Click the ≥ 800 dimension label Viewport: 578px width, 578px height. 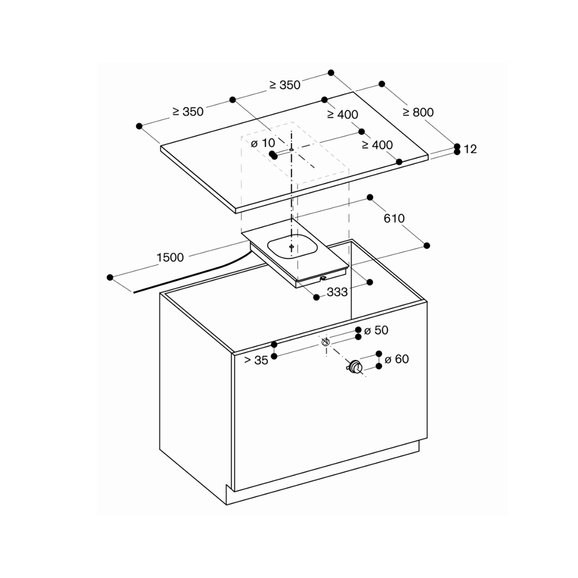(x=418, y=112)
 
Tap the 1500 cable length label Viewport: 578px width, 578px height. (x=170, y=257)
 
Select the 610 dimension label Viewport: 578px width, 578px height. (x=394, y=218)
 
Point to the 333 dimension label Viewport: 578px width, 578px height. (x=337, y=292)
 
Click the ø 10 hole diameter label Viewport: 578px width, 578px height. (x=263, y=143)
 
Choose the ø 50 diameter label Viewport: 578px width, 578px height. (x=376, y=330)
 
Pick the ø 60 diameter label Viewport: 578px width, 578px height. (x=397, y=359)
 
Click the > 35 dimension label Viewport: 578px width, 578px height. (x=256, y=360)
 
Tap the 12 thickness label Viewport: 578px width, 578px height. (x=470, y=149)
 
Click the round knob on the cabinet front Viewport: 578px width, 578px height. (x=355, y=368)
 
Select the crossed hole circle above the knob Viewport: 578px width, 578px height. (x=325, y=342)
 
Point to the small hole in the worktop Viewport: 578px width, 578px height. (x=291, y=150)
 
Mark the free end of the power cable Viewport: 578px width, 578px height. (x=134, y=292)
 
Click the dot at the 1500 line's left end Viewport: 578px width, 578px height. (x=110, y=277)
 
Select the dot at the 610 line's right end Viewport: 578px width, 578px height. (x=427, y=246)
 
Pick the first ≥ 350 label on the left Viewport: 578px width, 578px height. (x=188, y=112)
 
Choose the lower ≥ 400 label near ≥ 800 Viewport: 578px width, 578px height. (x=377, y=145)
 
